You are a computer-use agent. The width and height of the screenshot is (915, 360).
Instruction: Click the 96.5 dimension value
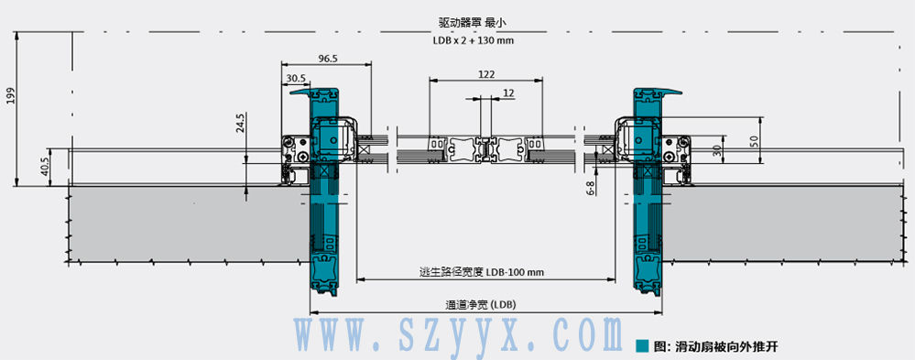pyautogui.click(x=329, y=58)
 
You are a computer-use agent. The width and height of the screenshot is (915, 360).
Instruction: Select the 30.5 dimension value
pyautogui.click(x=296, y=78)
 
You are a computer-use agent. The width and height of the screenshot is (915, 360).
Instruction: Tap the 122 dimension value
pyautogui.click(x=486, y=74)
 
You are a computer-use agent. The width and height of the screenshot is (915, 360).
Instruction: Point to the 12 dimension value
pyautogui.click(x=508, y=93)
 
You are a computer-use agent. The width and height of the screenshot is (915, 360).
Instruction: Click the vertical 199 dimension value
pyautogui.click(x=9, y=95)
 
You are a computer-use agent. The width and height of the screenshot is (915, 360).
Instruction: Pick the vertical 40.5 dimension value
pyautogui.click(x=44, y=167)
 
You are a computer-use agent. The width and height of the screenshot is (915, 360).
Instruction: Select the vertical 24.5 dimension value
pyautogui.click(x=240, y=124)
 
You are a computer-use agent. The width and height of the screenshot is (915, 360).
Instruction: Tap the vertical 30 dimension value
pyautogui.click(x=716, y=150)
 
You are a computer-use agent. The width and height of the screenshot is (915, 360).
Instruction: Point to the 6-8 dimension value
pyautogui.click(x=590, y=188)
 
